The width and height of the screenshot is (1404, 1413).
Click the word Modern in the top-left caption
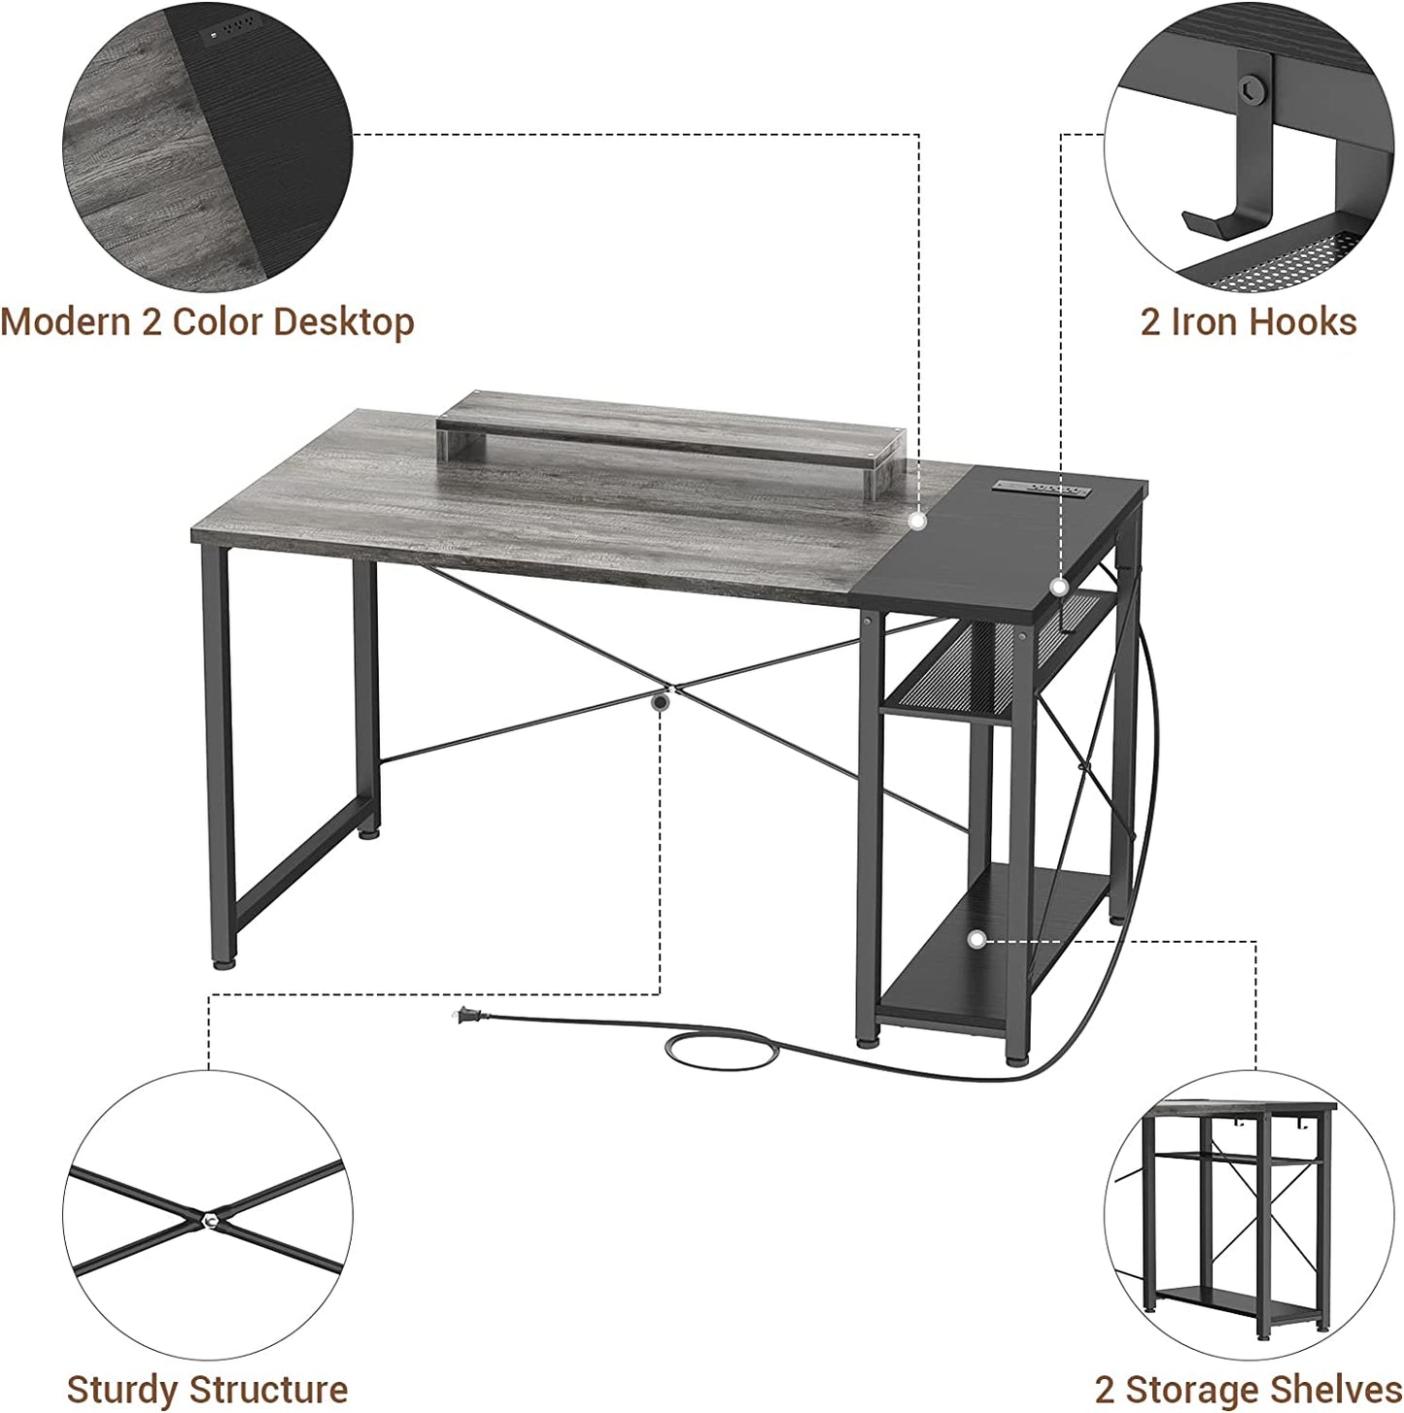tap(66, 321)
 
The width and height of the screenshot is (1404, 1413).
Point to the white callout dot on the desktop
tap(917, 521)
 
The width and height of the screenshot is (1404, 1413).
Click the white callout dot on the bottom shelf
tap(976, 939)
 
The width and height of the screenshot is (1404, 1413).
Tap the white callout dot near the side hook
tap(1058, 587)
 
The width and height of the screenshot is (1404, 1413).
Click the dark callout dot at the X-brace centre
tap(661, 703)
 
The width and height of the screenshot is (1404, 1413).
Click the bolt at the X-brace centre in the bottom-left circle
tap(211, 1221)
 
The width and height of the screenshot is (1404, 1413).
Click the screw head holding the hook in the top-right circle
tap(1252, 91)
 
